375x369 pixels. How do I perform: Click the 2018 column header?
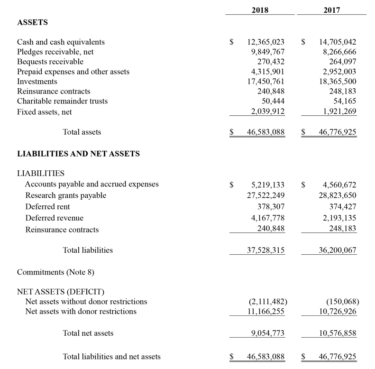point(260,9)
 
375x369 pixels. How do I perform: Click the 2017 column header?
point(332,9)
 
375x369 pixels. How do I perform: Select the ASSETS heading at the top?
point(32,22)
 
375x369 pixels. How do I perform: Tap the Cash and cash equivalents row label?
point(61,42)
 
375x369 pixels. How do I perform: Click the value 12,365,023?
point(266,42)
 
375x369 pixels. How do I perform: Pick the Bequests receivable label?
point(50,62)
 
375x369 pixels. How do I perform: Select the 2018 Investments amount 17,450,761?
point(266,82)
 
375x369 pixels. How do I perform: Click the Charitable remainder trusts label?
point(62,101)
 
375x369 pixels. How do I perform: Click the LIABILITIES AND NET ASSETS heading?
point(78,154)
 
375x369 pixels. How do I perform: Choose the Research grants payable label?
point(65,195)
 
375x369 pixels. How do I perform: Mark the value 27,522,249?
point(266,195)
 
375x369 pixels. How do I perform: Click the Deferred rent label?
point(47,207)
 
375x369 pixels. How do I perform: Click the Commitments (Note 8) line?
point(52,272)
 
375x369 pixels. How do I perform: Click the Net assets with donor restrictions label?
point(81,312)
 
